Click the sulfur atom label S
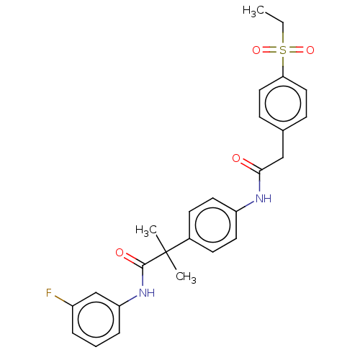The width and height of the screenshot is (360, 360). click(x=283, y=50)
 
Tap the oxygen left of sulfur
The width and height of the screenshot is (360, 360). click(x=256, y=50)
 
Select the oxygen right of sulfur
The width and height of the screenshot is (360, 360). click(x=310, y=50)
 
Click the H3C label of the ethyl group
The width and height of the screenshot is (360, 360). click(x=253, y=12)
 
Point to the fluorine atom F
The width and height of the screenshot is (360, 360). click(x=49, y=293)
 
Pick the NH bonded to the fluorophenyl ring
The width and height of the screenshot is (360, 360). click(x=147, y=293)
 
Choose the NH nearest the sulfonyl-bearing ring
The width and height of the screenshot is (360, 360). click(x=264, y=199)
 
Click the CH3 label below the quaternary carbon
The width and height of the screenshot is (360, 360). click(x=186, y=277)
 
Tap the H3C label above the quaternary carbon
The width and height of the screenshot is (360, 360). click(x=146, y=231)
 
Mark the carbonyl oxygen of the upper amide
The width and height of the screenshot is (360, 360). click(x=236, y=158)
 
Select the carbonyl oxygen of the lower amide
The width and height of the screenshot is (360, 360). click(x=120, y=253)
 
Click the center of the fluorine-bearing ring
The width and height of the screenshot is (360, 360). click(x=96, y=320)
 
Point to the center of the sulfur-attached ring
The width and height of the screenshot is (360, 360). click(x=283, y=104)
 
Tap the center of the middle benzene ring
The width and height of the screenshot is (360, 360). click(x=212, y=225)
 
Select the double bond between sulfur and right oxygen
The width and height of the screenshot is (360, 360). click(x=297, y=50)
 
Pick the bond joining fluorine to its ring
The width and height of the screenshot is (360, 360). click(x=63, y=301)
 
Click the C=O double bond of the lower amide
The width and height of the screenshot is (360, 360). click(x=133, y=260)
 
